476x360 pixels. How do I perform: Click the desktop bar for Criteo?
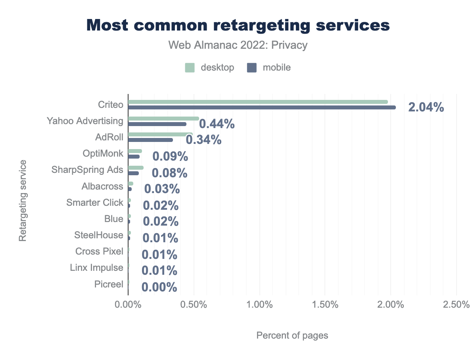pyautogui.click(x=258, y=102)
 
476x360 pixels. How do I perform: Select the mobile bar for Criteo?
pyautogui.click(x=262, y=107)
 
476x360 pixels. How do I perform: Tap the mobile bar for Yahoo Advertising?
pyautogui.click(x=157, y=124)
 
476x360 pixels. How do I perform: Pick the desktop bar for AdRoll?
pyautogui.click(x=160, y=134)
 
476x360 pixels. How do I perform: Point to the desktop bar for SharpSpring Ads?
pyautogui.click(x=136, y=168)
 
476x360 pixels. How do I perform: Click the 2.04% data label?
pyautogui.click(x=426, y=107)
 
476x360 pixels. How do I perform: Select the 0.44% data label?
pyautogui.click(x=217, y=124)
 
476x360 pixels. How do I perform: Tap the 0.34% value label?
pyautogui.click(x=203, y=140)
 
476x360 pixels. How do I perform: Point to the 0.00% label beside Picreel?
pyautogui.click(x=159, y=287)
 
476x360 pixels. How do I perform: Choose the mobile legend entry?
pyautogui.click(x=269, y=68)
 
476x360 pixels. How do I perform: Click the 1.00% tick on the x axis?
pyautogui.click(x=259, y=305)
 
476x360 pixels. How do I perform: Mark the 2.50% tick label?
pyautogui.click(x=456, y=305)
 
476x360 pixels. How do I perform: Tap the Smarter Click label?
pyautogui.click(x=95, y=203)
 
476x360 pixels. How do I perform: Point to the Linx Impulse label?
pyautogui.click(x=96, y=268)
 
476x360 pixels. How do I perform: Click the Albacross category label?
pyautogui.click(x=102, y=186)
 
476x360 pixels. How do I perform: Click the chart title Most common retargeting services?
pyautogui.click(x=238, y=25)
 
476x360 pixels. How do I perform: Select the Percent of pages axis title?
pyautogui.click(x=292, y=335)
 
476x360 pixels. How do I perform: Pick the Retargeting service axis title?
pyautogui.click(x=23, y=200)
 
